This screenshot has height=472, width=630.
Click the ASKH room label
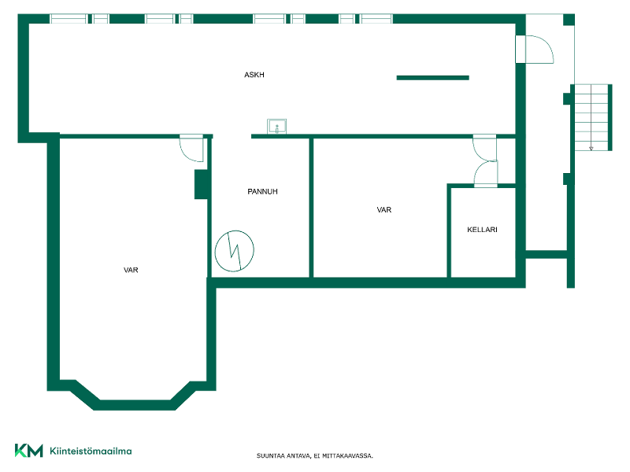point(254,75)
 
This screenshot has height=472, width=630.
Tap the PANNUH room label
point(262,191)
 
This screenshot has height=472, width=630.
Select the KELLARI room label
point(482,230)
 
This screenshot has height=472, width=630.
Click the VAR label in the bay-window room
point(131,270)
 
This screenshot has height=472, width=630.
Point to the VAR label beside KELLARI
point(384,210)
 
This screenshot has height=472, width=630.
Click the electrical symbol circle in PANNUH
point(234,231)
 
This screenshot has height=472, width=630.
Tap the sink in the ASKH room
point(277,127)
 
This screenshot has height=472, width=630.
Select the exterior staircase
point(591,117)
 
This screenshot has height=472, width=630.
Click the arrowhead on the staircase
point(591,149)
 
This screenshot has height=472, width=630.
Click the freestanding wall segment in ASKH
point(432,78)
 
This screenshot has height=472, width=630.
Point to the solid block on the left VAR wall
point(201,184)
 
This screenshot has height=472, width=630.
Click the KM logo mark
point(28,450)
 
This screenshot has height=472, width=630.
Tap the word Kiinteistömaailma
point(91,451)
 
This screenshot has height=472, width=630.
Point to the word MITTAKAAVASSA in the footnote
point(347,456)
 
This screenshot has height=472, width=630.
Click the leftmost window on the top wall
point(68,18)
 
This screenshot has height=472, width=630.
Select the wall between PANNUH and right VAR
point(311,208)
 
